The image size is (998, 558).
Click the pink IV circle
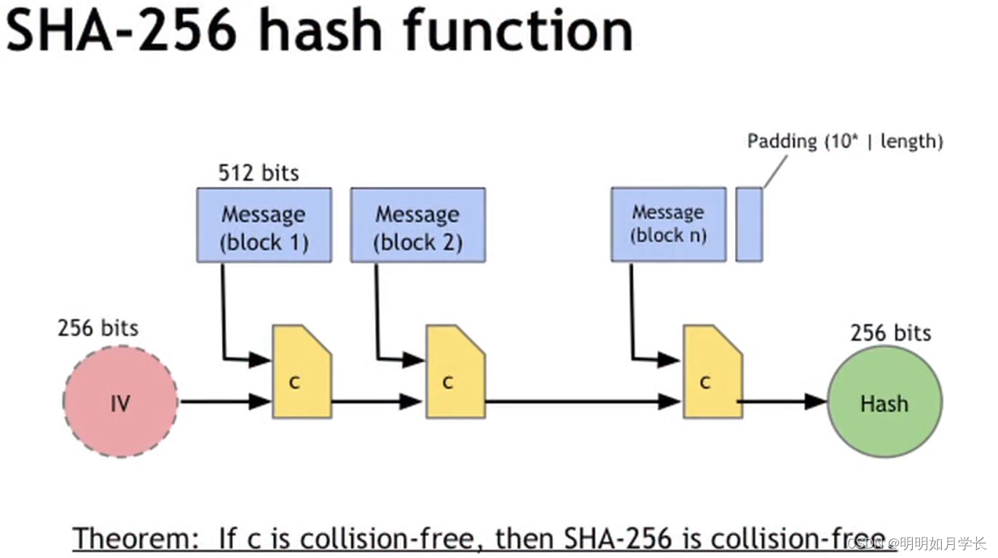[x=120, y=401]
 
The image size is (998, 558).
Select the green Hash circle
[x=884, y=401]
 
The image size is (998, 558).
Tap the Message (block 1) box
[x=264, y=225]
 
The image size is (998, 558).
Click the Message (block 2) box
[x=417, y=225]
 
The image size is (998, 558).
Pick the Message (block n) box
[x=668, y=224]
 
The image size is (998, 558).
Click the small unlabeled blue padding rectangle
[x=749, y=224]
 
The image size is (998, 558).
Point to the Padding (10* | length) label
[x=845, y=141]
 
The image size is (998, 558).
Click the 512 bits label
[x=259, y=173]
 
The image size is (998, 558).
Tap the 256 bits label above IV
[x=98, y=328]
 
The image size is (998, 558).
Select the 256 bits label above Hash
[x=890, y=333]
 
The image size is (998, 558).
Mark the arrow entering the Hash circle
[x=784, y=401]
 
